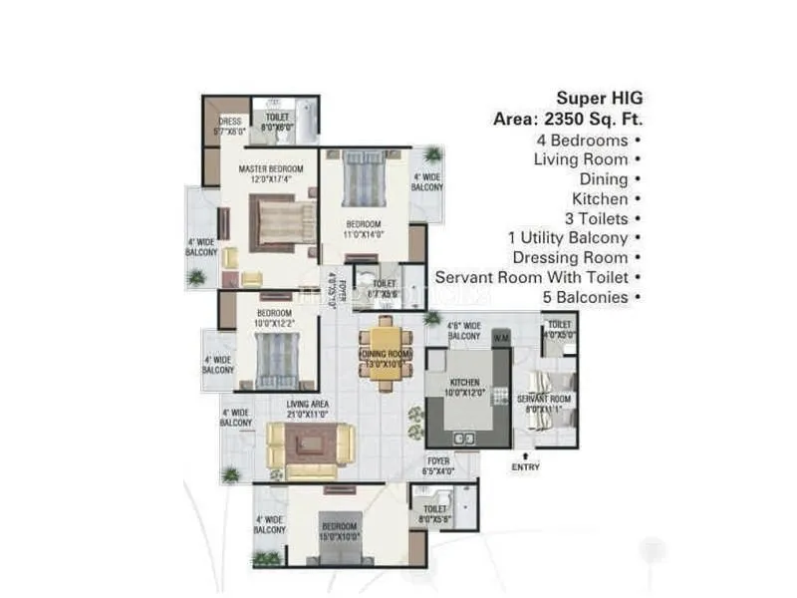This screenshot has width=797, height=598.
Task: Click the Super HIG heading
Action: coord(600,98)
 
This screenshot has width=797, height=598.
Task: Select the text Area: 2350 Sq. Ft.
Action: coord(568,119)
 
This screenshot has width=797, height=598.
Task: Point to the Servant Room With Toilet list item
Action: coord(538,277)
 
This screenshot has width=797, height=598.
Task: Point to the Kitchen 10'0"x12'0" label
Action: coord(465,388)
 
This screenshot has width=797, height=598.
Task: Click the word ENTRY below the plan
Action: coord(525,466)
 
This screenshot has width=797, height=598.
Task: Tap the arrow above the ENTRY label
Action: coord(525,454)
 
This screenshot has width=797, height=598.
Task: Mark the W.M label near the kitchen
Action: coord(500,338)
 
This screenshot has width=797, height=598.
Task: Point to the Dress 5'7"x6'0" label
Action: coord(228,126)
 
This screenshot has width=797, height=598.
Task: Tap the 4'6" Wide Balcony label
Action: coord(463,330)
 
